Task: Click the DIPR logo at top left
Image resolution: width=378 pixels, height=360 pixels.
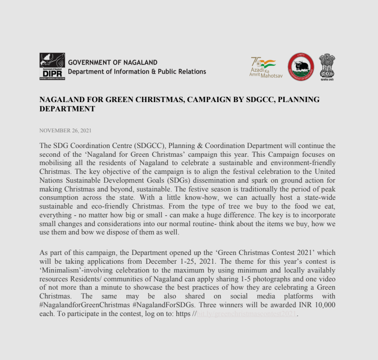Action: (x=51, y=66)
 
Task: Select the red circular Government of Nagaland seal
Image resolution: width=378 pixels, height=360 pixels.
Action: (x=300, y=67)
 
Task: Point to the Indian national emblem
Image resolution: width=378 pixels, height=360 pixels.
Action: (x=327, y=66)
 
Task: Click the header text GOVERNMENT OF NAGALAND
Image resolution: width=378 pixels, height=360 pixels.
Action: (x=113, y=63)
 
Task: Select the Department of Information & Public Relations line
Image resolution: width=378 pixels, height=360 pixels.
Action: (x=137, y=72)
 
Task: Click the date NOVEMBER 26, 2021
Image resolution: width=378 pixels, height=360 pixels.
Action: (x=65, y=130)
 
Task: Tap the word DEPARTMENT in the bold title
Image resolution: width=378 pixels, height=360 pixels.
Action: (x=67, y=109)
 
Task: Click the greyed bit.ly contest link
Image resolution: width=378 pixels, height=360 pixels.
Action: (x=247, y=314)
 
